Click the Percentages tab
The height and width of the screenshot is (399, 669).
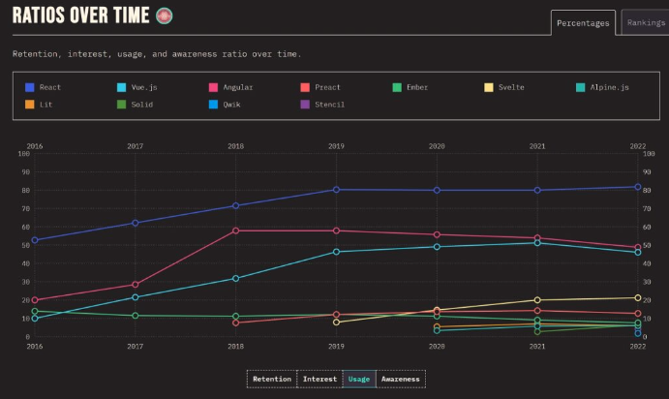[583, 23]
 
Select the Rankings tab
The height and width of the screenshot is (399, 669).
[645, 23]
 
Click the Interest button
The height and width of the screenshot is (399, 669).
[319, 379]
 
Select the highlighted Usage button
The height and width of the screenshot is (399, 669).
[359, 379]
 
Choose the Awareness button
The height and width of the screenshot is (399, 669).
[400, 379]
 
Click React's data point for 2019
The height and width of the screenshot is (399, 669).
[336, 190]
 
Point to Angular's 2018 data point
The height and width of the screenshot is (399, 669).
[235, 230]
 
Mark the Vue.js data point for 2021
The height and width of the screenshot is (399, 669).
[537, 242]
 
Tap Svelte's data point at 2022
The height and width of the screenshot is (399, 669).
[638, 298]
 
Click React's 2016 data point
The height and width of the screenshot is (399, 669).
[35, 240]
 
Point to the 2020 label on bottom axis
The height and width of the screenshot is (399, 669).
[437, 346]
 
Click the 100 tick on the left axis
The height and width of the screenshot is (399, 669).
[23, 154]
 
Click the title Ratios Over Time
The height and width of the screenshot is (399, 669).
[81, 15]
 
